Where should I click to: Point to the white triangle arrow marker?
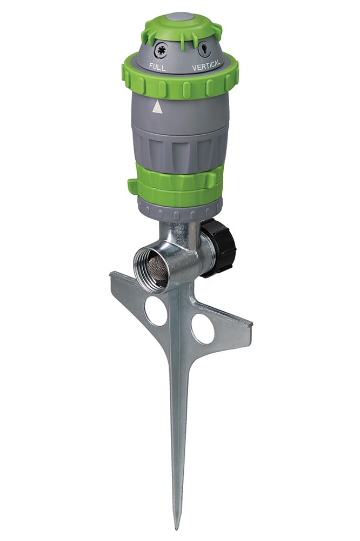[x=157, y=107]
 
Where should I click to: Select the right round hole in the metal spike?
[x=202, y=328]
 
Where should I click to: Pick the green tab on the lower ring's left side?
[x=133, y=186]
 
